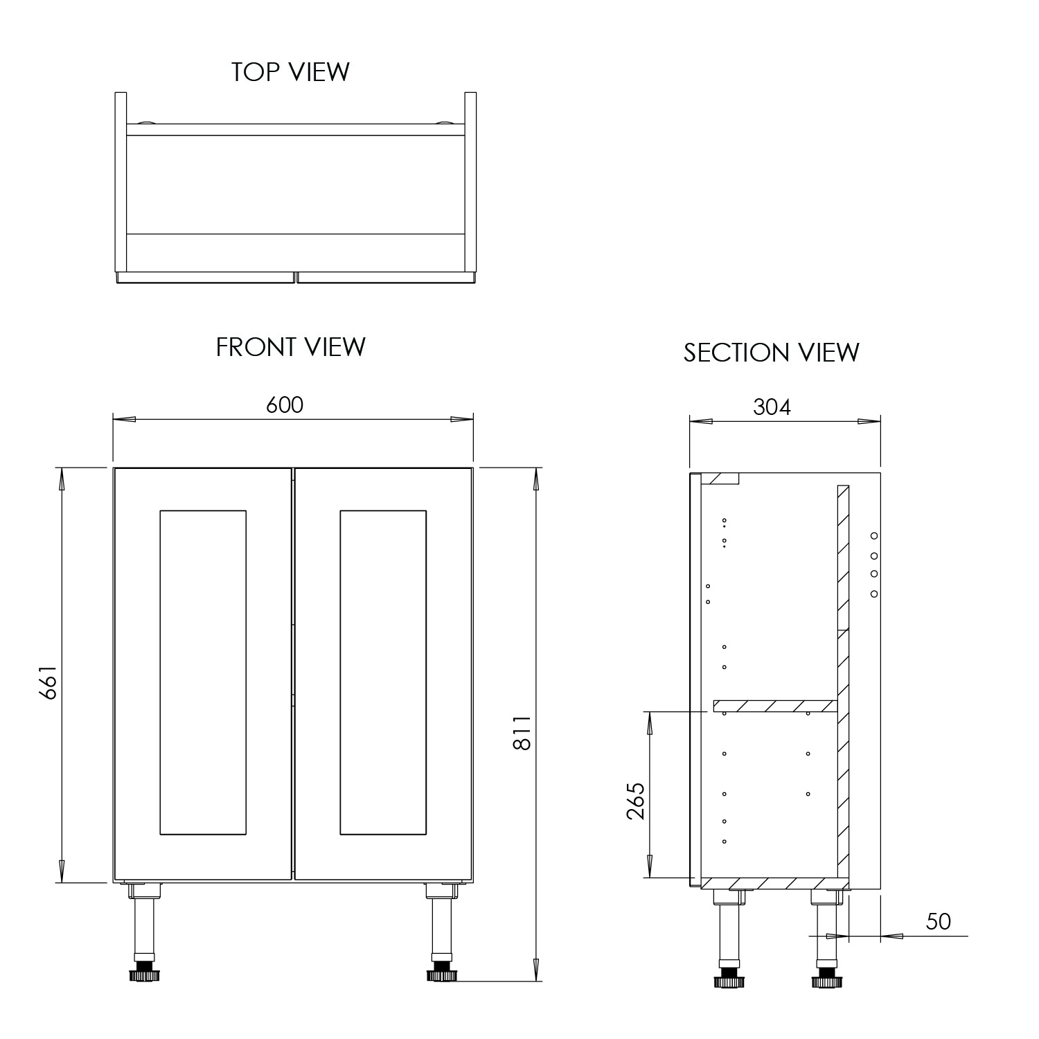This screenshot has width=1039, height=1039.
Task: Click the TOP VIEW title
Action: pos(290,71)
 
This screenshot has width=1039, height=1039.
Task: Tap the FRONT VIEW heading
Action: pos(290,346)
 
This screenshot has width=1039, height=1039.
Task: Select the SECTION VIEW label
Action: pos(771,352)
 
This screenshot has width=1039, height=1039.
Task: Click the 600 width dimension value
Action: pos(285,405)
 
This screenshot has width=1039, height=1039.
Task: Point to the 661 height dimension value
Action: pos(46,682)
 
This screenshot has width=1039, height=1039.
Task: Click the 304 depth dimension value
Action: pos(772,407)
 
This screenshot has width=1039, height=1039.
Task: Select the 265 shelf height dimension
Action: pos(636,801)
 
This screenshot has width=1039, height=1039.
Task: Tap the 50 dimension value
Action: pos(938,921)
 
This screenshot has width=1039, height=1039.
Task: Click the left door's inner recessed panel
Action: pos(203,672)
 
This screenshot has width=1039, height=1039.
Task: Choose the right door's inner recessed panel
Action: pos(383,672)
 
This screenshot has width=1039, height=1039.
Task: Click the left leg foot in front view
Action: pos(143,975)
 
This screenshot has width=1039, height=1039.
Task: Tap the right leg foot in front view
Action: pos(440,975)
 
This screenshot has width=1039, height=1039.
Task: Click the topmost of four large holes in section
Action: pos(874,535)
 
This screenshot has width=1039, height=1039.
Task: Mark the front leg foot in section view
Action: pos(728,980)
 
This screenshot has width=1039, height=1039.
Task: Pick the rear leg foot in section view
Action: pos(825,980)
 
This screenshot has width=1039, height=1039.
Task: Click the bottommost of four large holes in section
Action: pos(874,594)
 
